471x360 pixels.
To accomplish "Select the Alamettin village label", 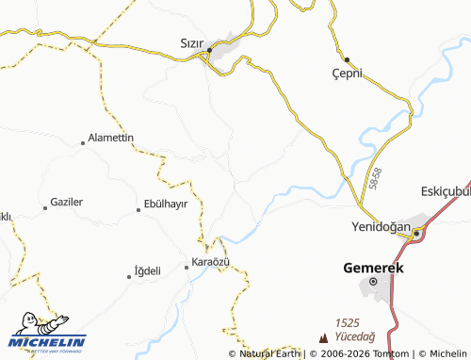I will [x=111, y=138].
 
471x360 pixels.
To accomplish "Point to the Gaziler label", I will [x=65, y=203].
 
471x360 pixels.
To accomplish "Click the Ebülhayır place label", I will [x=166, y=205].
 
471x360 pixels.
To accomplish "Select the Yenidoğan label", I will [x=381, y=227].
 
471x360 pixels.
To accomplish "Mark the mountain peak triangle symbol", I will [x=325, y=336].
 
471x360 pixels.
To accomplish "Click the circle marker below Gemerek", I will [x=373, y=282].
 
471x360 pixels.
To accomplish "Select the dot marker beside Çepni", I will [x=346, y=58].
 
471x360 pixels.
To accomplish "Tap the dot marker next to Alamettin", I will [x=83, y=143].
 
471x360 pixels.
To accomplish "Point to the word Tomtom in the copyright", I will [x=372, y=354].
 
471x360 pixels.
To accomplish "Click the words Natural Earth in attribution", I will [x=270, y=354].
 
